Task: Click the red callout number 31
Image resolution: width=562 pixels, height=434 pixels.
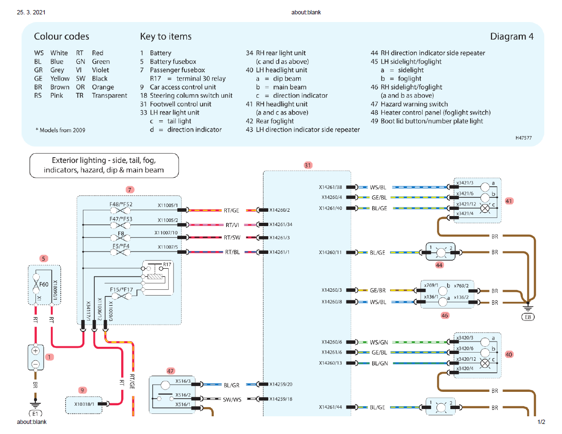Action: point(308,165)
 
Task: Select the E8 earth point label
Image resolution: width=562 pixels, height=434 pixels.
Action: point(529,317)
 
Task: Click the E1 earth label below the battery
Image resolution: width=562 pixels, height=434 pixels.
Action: point(35,413)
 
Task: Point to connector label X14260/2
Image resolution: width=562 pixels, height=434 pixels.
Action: point(280,210)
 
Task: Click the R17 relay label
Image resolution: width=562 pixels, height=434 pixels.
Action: point(167,264)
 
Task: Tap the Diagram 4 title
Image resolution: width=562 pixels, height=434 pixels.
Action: point(511,36)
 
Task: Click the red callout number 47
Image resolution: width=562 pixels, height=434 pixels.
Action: point(171,371)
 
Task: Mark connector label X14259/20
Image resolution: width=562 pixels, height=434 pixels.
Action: point(281,384)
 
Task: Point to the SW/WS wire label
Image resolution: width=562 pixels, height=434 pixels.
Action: point(232,399)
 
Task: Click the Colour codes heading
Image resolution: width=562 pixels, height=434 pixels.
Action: point(61,36)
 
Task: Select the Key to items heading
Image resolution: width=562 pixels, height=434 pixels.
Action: point(165,36)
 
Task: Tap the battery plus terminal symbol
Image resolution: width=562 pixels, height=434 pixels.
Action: point(35,351)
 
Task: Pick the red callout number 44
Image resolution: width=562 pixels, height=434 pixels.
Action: point(439,264)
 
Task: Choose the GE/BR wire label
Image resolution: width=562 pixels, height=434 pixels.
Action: point(378,290)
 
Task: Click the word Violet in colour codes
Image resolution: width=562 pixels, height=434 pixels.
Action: point(100,70)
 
